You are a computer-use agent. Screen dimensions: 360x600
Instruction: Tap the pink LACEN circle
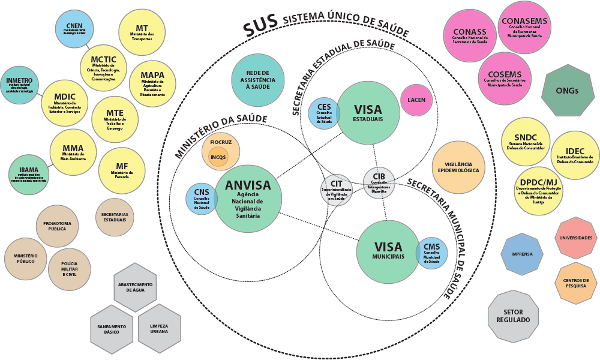coord(416,99)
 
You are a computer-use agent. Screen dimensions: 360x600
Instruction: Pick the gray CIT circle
coord(335,190)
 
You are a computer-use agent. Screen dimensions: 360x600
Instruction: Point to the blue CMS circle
coord(431,253)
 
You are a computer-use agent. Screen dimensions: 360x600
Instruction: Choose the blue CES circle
coord(324,112)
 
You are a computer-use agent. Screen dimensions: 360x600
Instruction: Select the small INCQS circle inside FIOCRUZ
coord(219,157)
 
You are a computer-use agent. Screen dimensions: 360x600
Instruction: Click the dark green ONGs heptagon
coord(567,91)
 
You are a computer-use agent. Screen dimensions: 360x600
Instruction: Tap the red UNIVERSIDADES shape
coord(575,238)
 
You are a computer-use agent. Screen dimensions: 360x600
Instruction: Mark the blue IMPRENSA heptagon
coord(521,254)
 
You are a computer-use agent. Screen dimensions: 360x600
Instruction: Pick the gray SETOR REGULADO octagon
coord(512,316)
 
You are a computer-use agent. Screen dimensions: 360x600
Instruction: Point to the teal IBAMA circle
coord(28,173)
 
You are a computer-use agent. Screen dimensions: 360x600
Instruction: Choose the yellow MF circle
coord(122,170)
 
